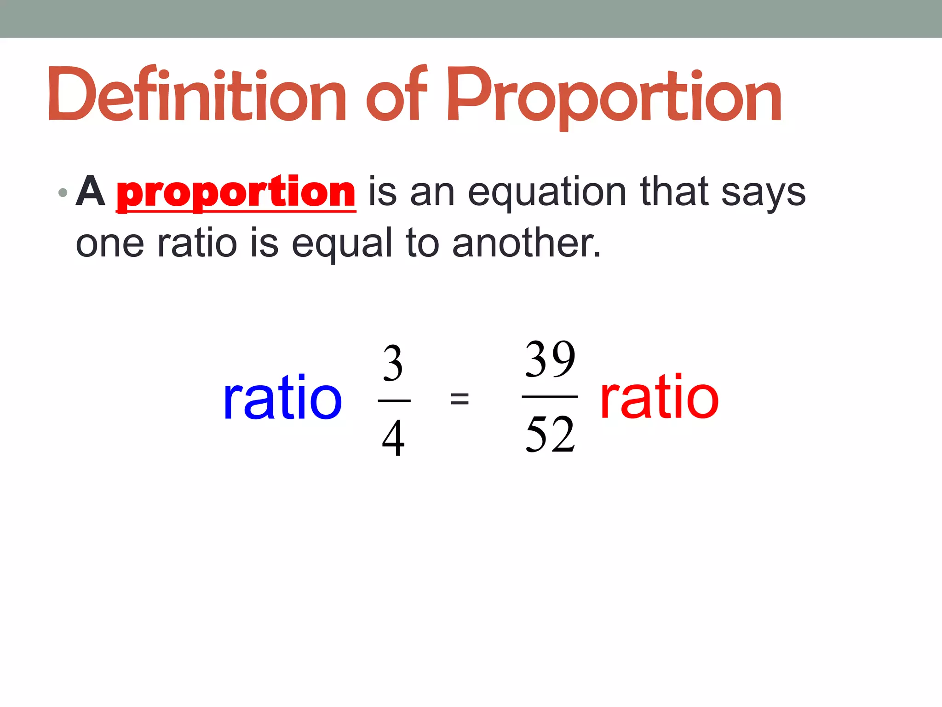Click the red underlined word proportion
tap(235, 192)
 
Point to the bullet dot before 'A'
tap(63, 192)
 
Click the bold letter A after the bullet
tap(90, 191)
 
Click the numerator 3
tap(393, 364)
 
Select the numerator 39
tap(550, 359)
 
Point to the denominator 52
tap(550, 434)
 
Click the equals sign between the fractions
tap(460, 398)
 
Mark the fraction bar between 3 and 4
tap(394, 401)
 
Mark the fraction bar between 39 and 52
tap(550, 396)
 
